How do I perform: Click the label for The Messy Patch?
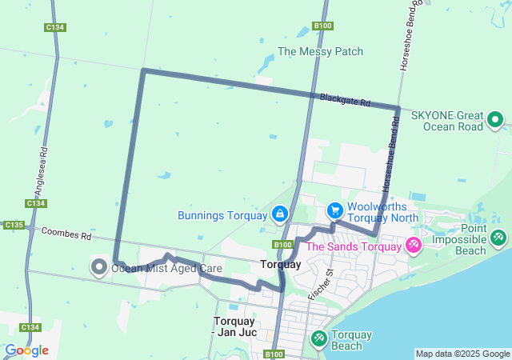320,51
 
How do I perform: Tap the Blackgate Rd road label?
345,101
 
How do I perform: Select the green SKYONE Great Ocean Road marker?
495,121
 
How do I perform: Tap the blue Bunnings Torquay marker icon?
279,214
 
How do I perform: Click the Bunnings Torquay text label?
222,215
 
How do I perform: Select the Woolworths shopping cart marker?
334,211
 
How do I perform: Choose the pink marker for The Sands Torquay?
414,246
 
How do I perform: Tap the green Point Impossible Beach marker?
498,238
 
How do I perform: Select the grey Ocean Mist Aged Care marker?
99,266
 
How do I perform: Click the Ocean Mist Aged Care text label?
166,268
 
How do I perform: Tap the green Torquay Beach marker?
318,339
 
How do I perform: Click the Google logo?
26,350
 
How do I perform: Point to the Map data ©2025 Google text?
462,354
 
